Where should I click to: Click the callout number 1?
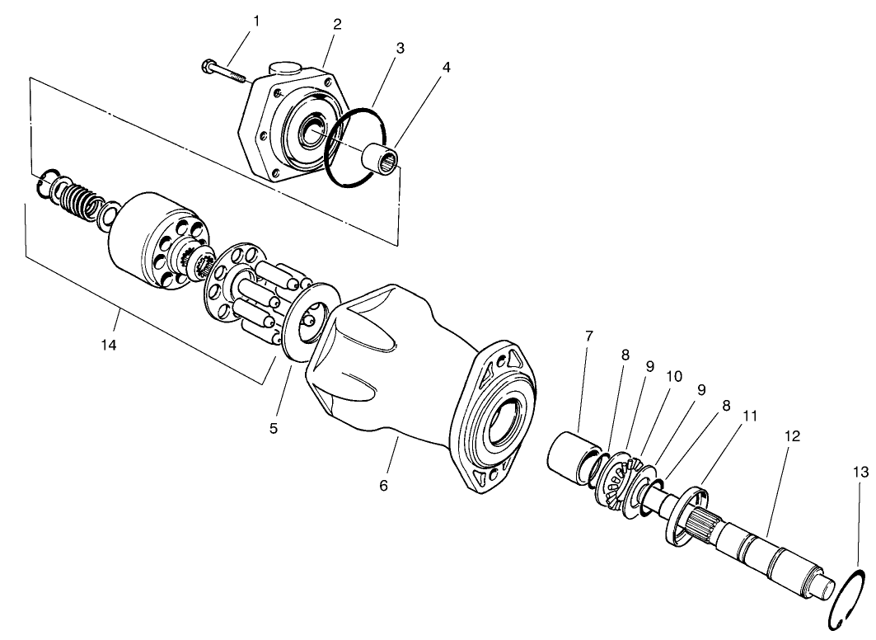pyautogui.click(x=255, y=21)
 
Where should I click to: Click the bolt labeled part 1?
pyautogui.click(x=223, y=73)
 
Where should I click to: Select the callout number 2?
pyautogui.click(x=337, y=23)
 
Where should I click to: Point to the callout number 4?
pyautogui.click(x=446, y=67)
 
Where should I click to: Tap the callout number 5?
pyautogui.click(x=274, y=428)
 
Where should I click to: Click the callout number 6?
pyautogui.click(x=383, y=486)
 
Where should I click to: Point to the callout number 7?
pyautogui.click(x=588, y=336)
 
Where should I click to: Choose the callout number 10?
pyautogui.click(x=674, y=376)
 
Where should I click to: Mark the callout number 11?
pyautogui.click(x=749, y=417)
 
